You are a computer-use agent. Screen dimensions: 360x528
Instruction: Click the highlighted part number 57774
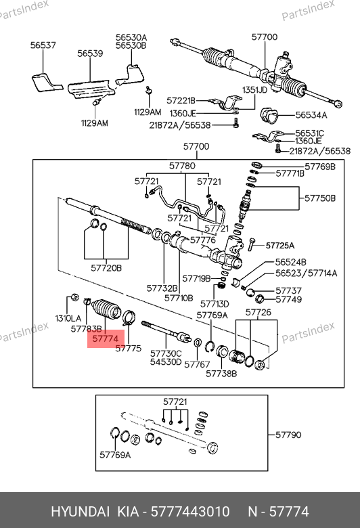106,338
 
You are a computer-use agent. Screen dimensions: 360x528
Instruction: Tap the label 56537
43,45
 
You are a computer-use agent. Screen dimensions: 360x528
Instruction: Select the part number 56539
90,53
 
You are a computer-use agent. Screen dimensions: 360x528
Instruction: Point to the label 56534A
311,115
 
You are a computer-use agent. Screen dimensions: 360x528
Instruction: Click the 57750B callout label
320,198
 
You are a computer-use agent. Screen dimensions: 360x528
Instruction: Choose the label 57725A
280,246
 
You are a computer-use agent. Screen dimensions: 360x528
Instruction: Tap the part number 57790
288,435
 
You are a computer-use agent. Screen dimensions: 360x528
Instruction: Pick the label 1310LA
68,318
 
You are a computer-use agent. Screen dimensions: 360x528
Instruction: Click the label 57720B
106,268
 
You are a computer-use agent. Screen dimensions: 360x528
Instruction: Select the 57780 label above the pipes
182,166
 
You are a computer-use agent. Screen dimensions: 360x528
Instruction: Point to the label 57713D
215,304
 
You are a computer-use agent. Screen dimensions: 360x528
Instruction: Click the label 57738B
221,374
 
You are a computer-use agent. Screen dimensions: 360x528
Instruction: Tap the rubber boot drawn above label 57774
106,309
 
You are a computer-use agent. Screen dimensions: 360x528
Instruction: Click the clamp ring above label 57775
129,318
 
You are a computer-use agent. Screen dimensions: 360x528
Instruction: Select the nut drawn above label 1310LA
74,298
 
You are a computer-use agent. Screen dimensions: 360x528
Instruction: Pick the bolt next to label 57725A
252,244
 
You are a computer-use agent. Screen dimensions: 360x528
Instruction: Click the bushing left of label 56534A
269,116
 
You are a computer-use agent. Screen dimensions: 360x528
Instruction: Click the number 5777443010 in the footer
190,512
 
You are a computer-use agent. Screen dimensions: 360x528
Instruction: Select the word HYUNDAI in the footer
80,512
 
